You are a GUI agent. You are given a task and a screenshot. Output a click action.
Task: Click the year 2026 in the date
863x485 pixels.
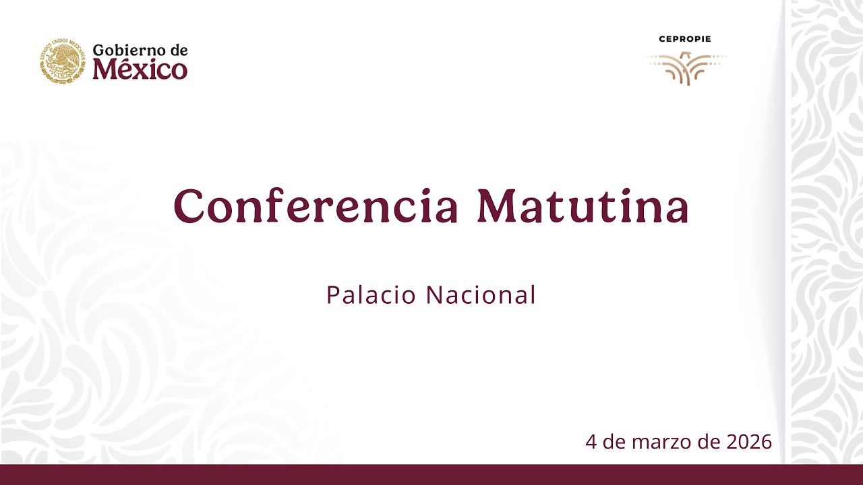(749, 442)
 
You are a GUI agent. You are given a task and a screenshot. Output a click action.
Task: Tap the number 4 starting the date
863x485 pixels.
(591, 442)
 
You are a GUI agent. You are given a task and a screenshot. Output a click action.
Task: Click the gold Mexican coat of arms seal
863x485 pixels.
(63, 61)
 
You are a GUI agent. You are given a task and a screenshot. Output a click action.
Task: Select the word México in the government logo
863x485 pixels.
(140, 69)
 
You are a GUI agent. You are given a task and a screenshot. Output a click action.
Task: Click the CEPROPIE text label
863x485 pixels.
(685, 39)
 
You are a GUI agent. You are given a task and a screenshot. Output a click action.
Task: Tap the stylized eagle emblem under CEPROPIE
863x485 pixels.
(685, 68)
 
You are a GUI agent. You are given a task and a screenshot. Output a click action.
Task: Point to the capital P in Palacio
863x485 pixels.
(332, 295)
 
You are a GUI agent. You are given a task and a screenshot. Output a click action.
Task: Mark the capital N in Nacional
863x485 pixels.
(434, 295)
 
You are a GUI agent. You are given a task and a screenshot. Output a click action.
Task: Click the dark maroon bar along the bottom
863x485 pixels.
(431, 474)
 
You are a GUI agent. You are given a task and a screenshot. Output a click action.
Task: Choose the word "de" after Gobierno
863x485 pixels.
(179, 50)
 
